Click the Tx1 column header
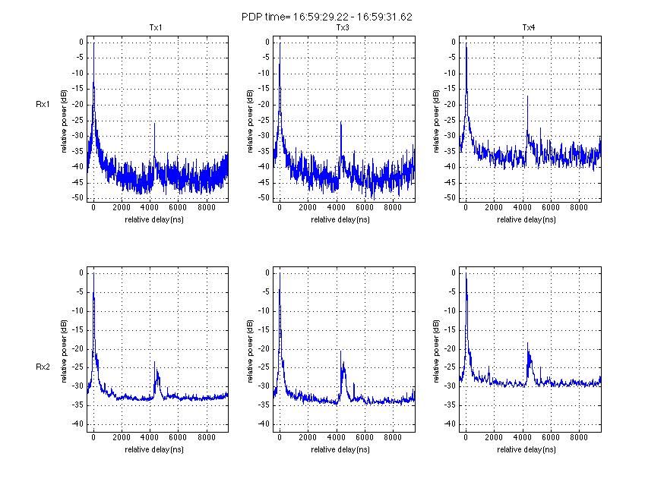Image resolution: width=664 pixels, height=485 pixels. pos(157,28)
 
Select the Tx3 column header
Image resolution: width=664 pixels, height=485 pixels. pos(343,28)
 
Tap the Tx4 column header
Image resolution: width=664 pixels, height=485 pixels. pos(529,28)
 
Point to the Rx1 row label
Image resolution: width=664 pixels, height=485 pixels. pos(43,104)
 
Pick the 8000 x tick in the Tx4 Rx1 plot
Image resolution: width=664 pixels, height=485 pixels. pos(578,207)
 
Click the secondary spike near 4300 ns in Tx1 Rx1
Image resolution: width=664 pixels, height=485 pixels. pos(154,124)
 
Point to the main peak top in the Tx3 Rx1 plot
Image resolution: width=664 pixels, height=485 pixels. pos(280,43)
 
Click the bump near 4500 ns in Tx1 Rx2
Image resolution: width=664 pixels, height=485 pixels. pos(156,364)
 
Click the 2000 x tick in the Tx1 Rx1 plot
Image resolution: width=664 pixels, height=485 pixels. pos(122,207)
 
